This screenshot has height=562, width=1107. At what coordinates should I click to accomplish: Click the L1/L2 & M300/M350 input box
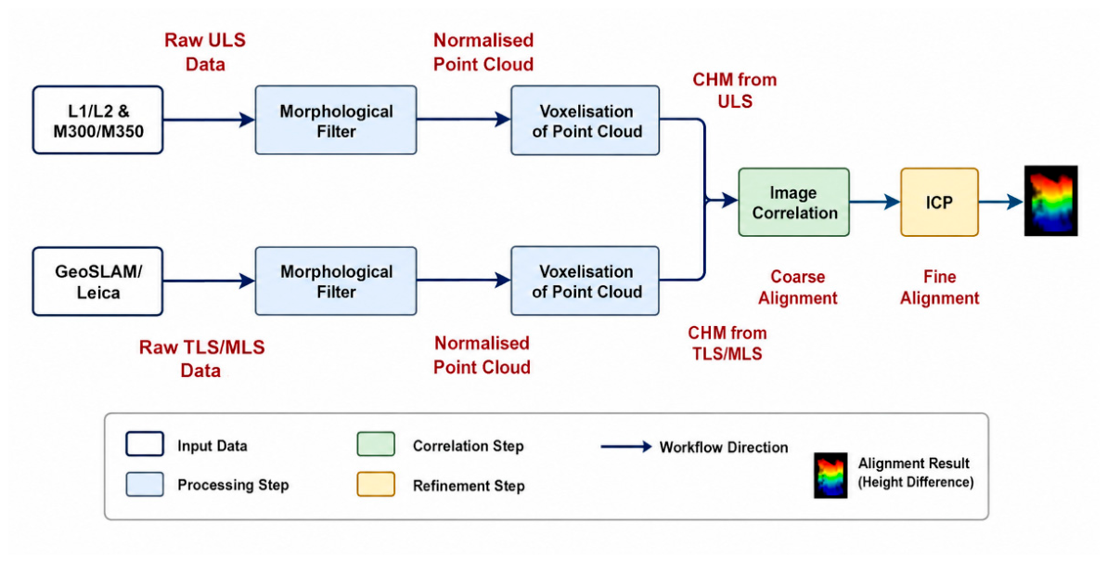click(98, 120)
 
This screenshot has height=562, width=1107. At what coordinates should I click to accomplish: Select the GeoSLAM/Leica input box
click(98, 281)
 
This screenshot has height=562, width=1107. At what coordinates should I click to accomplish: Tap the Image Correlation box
click(793, 203)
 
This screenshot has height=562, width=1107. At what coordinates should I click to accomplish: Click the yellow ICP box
click(939, 203)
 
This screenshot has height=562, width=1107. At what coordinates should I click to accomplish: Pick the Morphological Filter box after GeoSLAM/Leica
click(335, 281)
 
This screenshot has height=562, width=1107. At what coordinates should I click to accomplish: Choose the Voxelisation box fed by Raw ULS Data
click(586, 120)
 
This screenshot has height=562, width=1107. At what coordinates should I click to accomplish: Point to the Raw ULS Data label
click(205, 52)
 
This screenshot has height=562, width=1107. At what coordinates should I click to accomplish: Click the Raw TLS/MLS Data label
click(201, 359)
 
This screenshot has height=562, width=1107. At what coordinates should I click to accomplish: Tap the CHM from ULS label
click(734, 90)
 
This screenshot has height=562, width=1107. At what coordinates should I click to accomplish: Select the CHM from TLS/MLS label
click(727, 343)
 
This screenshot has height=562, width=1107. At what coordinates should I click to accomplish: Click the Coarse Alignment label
click(798, 287)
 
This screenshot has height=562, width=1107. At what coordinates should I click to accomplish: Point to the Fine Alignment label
click(940, 287)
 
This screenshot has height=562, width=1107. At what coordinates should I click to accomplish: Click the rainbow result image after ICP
click(1050, 201)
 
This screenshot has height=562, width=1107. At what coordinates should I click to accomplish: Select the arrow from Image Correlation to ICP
click(875, 203)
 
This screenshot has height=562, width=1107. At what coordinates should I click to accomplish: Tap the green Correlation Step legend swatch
click(376, 445)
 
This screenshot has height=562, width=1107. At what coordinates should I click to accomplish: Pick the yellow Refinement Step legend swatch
click(376, 484)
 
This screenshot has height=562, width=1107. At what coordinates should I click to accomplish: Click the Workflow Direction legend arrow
click(626, 447)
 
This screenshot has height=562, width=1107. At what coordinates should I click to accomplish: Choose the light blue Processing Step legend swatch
click(145, 484)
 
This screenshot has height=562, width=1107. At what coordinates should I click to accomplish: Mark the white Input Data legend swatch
click(145, 445)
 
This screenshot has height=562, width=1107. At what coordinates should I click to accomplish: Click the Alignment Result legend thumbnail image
click(830, 475)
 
